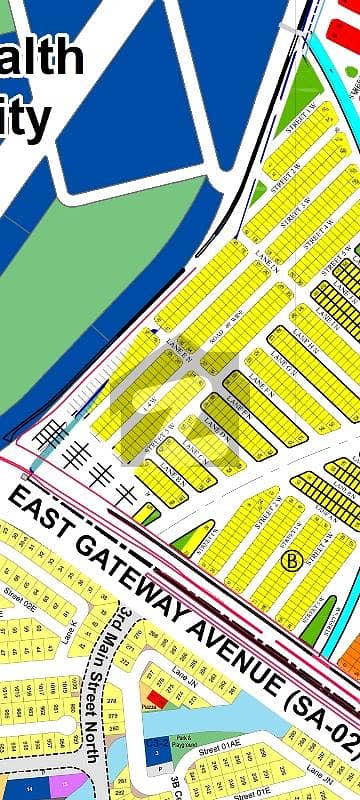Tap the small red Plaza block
coord(153,700)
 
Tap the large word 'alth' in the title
coord(40,57)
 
